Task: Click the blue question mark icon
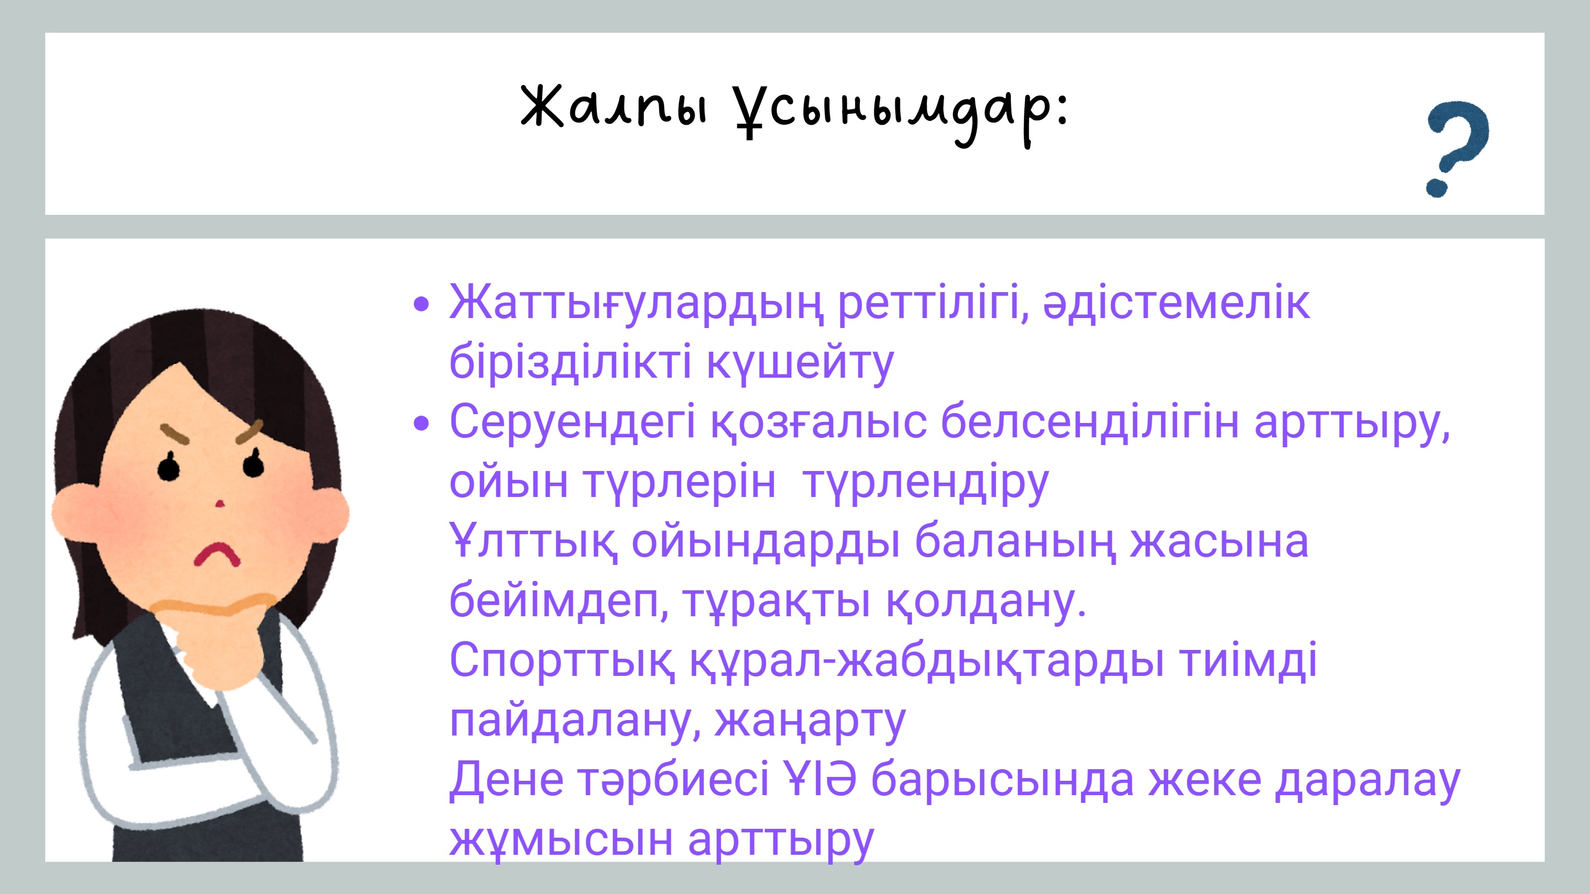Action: coord(1458,148)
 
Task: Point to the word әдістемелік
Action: coord(1176,303)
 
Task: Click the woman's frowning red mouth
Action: coord(216,554)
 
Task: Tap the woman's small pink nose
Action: coord(220,504)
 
